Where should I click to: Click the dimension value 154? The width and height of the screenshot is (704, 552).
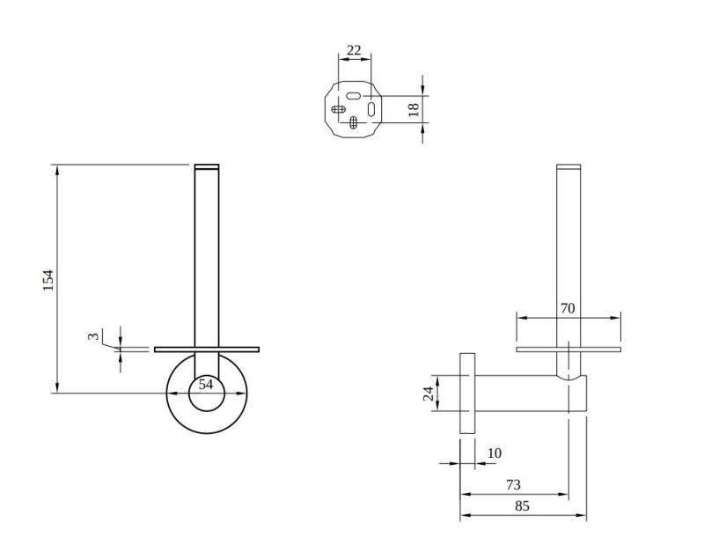coord(49,280)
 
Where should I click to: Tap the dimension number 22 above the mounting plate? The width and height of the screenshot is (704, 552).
coord(354,50)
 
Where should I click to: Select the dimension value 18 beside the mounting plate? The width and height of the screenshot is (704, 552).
coord(414,109)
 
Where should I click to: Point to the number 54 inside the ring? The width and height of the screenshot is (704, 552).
coord(206,385)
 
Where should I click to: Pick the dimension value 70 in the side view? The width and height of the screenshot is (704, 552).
coord(568,309)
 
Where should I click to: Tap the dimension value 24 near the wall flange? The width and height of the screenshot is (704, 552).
coord(429,393)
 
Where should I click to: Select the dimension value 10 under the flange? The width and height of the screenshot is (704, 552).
coord(494,453)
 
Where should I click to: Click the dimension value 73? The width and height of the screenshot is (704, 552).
coord(513,485)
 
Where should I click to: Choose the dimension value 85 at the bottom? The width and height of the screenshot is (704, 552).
coord(521,506)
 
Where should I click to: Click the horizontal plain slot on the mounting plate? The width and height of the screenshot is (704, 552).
coord(354,95)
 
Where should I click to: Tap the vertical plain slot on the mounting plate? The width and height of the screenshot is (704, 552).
coord(371,109)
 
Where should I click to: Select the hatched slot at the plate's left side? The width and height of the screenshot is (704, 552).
coord(338,110)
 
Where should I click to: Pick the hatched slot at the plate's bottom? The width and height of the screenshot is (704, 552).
coord(354,123)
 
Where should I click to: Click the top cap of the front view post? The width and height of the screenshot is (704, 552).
coord(207,167)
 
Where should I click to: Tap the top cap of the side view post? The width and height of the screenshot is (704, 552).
coord(569,168)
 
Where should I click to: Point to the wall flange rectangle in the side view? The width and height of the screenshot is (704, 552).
coord(467,393)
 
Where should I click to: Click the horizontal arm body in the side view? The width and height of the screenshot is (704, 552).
coord(519,393)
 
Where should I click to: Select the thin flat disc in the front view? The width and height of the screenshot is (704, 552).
coord(207,350)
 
